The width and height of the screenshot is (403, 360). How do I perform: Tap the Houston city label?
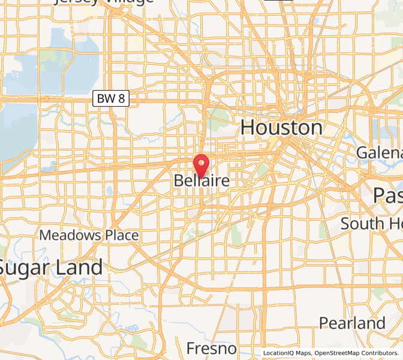281,128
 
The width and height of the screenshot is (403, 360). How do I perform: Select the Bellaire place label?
201,181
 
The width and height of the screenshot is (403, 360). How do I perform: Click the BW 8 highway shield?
112,98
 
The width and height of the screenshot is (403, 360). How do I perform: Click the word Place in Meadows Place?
119,235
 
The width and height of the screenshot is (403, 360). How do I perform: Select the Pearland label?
352,323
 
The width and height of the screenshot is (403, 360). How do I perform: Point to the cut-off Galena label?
379,153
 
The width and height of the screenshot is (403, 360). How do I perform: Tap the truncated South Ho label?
371,224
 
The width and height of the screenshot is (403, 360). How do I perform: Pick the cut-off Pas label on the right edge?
387,195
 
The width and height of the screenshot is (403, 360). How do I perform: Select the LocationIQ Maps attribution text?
287,353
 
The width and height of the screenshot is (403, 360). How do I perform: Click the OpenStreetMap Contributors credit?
357,353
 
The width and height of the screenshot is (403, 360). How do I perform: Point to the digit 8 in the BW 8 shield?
121,98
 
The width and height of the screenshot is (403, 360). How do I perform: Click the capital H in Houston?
250,128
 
